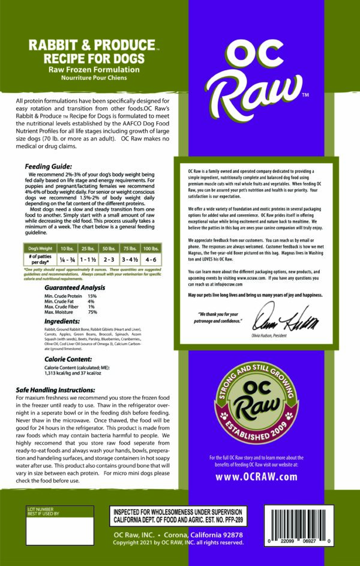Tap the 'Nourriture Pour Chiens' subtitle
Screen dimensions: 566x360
[x=88, y=77]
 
